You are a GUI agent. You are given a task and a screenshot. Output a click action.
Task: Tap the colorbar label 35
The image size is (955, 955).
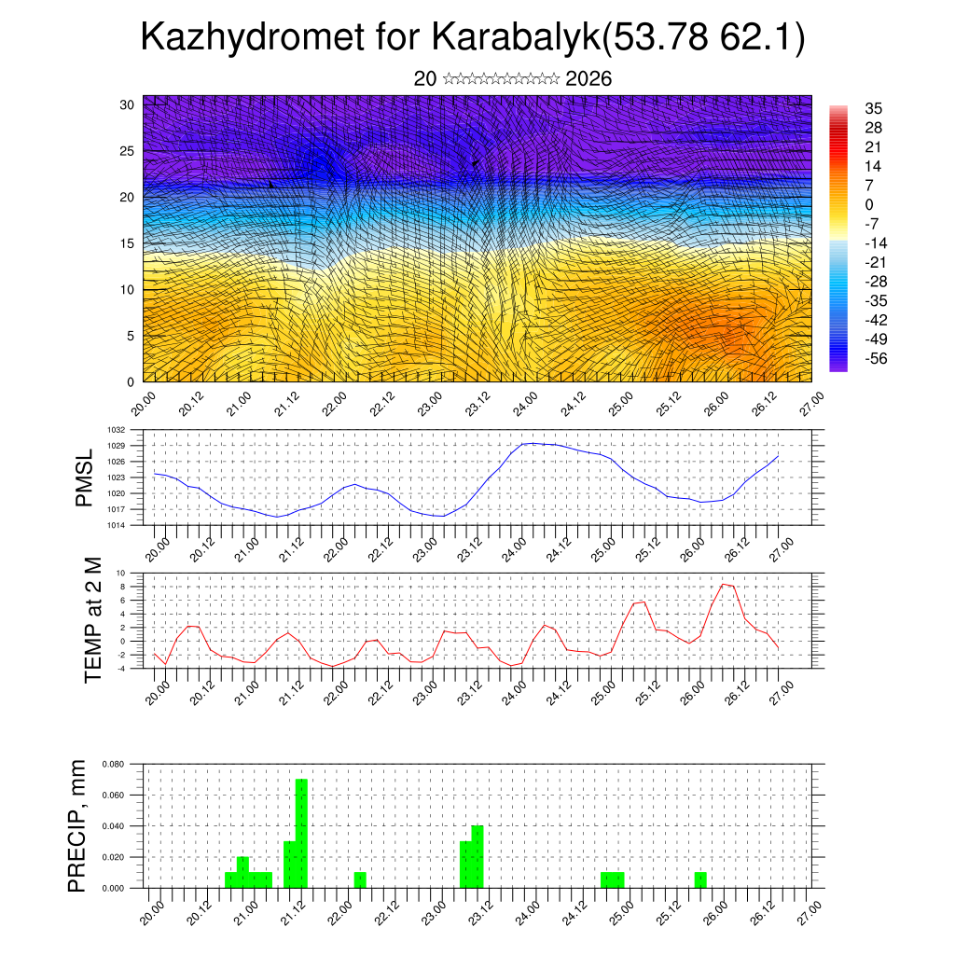coord(873,107)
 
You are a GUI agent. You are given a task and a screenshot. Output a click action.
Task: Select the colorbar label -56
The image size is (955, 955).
coord(877,358)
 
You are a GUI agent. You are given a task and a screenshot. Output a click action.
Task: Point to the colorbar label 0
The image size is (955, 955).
coord(869,204)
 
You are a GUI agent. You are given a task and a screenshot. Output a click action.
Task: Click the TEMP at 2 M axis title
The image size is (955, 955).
coord(92,619)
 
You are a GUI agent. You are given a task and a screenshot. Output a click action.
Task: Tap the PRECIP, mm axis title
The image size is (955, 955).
coord(78,825)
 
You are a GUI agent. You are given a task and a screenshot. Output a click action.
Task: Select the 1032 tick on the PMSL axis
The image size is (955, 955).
coord(116,430)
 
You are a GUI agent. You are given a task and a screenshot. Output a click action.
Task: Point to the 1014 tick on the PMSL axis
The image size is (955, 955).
coord(116,525)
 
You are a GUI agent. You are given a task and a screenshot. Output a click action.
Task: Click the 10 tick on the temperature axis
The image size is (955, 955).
coord(120,573)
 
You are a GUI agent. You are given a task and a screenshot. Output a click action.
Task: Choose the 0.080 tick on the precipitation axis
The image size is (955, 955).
coord(113,764)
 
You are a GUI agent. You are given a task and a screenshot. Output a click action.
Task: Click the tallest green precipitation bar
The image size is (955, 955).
coord(301,833)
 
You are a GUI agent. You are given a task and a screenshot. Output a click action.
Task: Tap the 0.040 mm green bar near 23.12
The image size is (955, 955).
coord(477,856)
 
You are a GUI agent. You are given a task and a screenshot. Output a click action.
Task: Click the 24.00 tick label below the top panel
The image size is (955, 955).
coord(526,403)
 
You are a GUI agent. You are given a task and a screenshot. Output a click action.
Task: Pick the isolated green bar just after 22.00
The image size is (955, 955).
coord(360,879)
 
